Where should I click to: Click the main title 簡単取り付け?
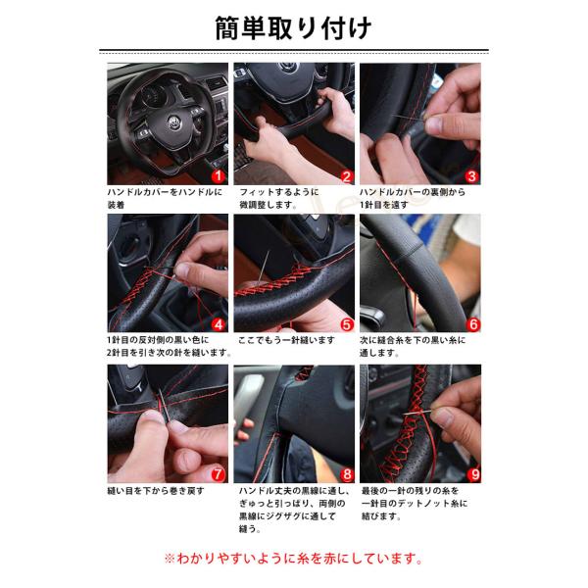[293, 28]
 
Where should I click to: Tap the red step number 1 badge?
[219, 176]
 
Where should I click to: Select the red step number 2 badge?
[347, 176]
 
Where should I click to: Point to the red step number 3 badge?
[471, 176]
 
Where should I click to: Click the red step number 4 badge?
[219, 324]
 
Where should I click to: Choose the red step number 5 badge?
[347, 324]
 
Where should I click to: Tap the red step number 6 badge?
[473, 324]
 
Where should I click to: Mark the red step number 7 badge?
[218, 474]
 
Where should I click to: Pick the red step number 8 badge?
[347, 475]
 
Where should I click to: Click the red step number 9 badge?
[473, 474]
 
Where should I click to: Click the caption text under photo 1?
[165, 198]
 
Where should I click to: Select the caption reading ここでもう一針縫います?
[286, 340]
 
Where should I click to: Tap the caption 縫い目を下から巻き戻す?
[156, 491]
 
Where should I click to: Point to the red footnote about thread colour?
[294, 559]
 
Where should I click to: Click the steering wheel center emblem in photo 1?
[173, 122]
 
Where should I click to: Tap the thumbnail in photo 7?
[153, 416]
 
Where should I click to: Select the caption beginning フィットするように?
[279, 198]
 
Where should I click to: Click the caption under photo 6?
[413, 347]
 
